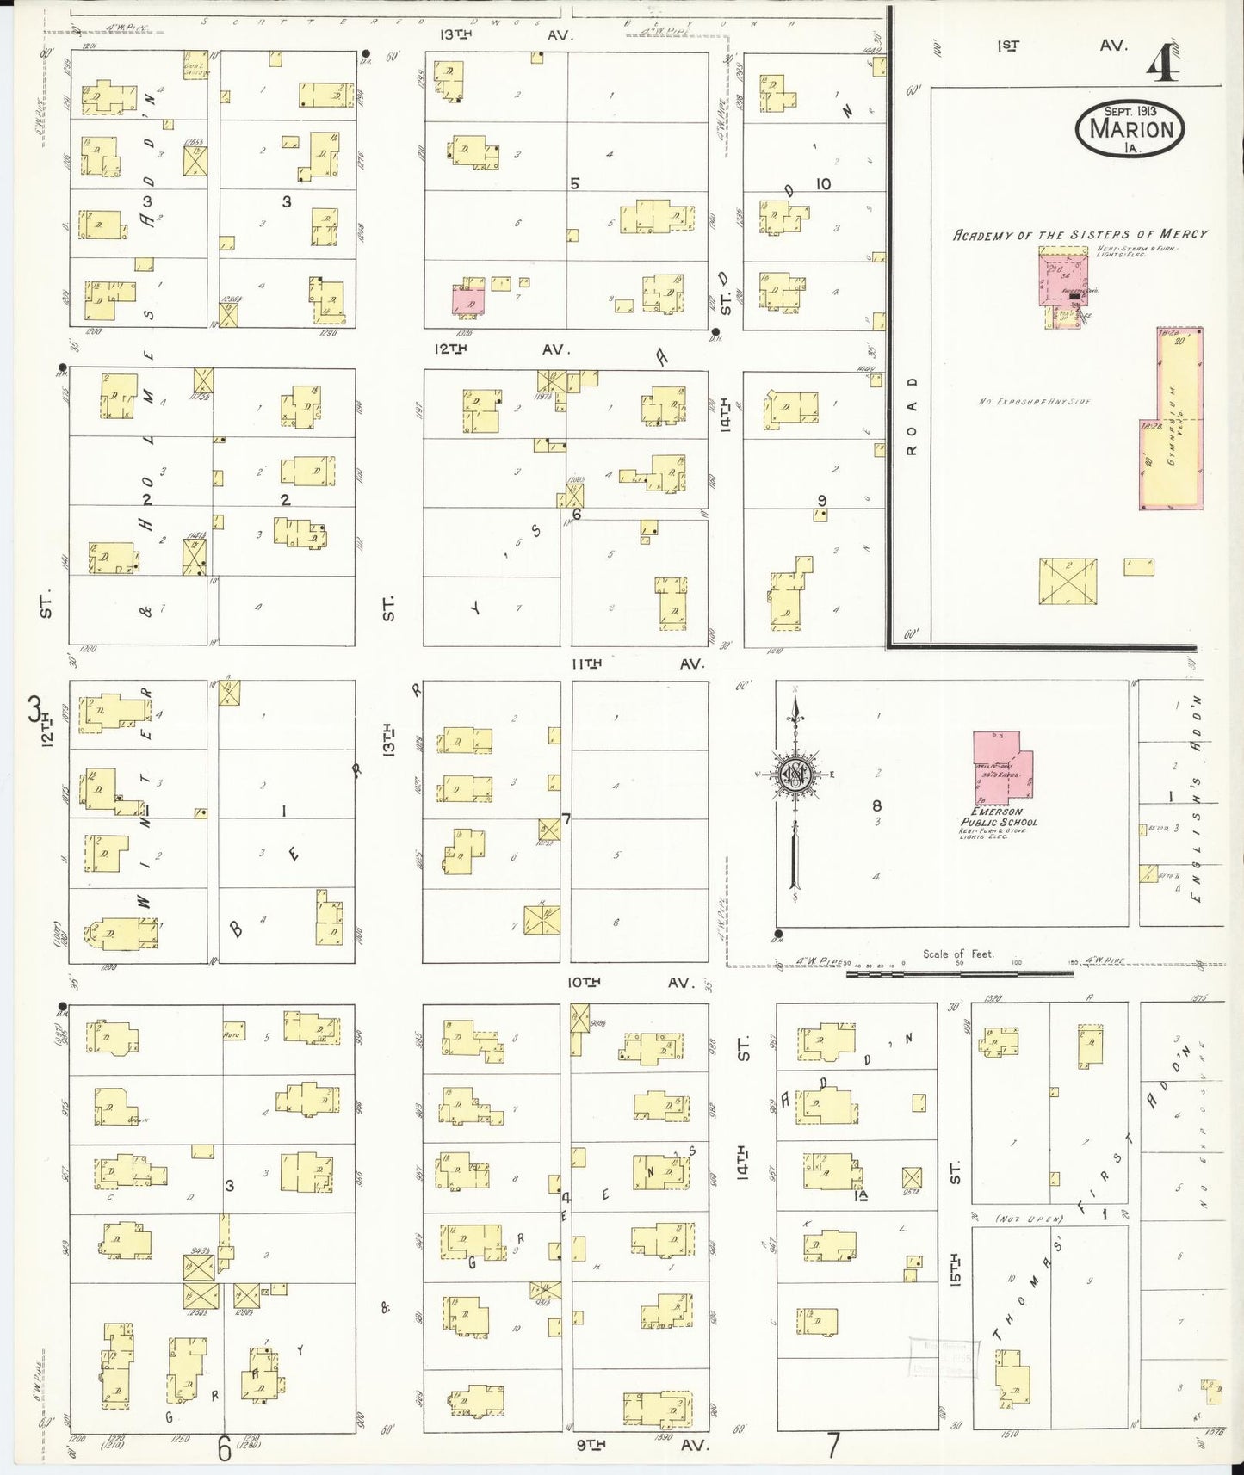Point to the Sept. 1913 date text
tap(1130, 111)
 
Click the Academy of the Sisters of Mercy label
tap(1080, 234)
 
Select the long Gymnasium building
tap(1172, 419)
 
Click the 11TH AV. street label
tap(637, 663)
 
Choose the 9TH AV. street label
tap(641, 1445)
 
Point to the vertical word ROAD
tap(912, 416)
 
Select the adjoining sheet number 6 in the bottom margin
tap(225, 1451)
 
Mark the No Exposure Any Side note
tap(1034, 402)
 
